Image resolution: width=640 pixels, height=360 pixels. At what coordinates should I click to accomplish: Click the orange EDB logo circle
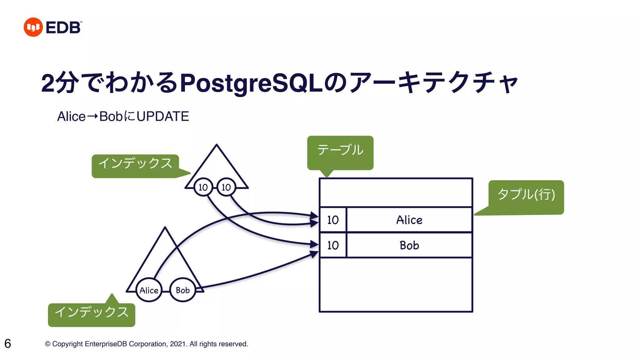[33, 27]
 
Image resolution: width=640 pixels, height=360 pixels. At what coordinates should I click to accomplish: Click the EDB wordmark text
[63, 27]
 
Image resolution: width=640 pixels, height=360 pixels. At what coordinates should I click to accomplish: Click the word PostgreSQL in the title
[251, 83]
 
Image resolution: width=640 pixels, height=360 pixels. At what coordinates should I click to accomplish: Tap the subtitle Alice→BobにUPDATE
[123, 116]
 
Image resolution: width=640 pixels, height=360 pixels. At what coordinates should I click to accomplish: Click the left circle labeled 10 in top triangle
[203, 187]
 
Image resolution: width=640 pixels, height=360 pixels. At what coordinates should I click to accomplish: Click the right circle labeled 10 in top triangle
[226, 187]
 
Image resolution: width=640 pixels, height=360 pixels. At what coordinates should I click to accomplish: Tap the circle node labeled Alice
[149, 290]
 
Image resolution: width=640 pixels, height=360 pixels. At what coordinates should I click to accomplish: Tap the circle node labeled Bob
[182, 290]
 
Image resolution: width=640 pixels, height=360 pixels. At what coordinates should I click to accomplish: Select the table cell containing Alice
[409, 220]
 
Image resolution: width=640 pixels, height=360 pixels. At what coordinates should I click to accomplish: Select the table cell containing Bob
[409, 245]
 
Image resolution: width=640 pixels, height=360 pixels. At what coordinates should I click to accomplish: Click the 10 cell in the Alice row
[333, 220]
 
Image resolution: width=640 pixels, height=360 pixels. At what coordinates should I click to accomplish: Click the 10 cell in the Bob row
[333, 245]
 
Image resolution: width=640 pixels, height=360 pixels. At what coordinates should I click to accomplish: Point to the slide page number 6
[8, 343]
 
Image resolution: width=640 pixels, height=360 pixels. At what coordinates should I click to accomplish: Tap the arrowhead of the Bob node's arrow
[314, 254]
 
